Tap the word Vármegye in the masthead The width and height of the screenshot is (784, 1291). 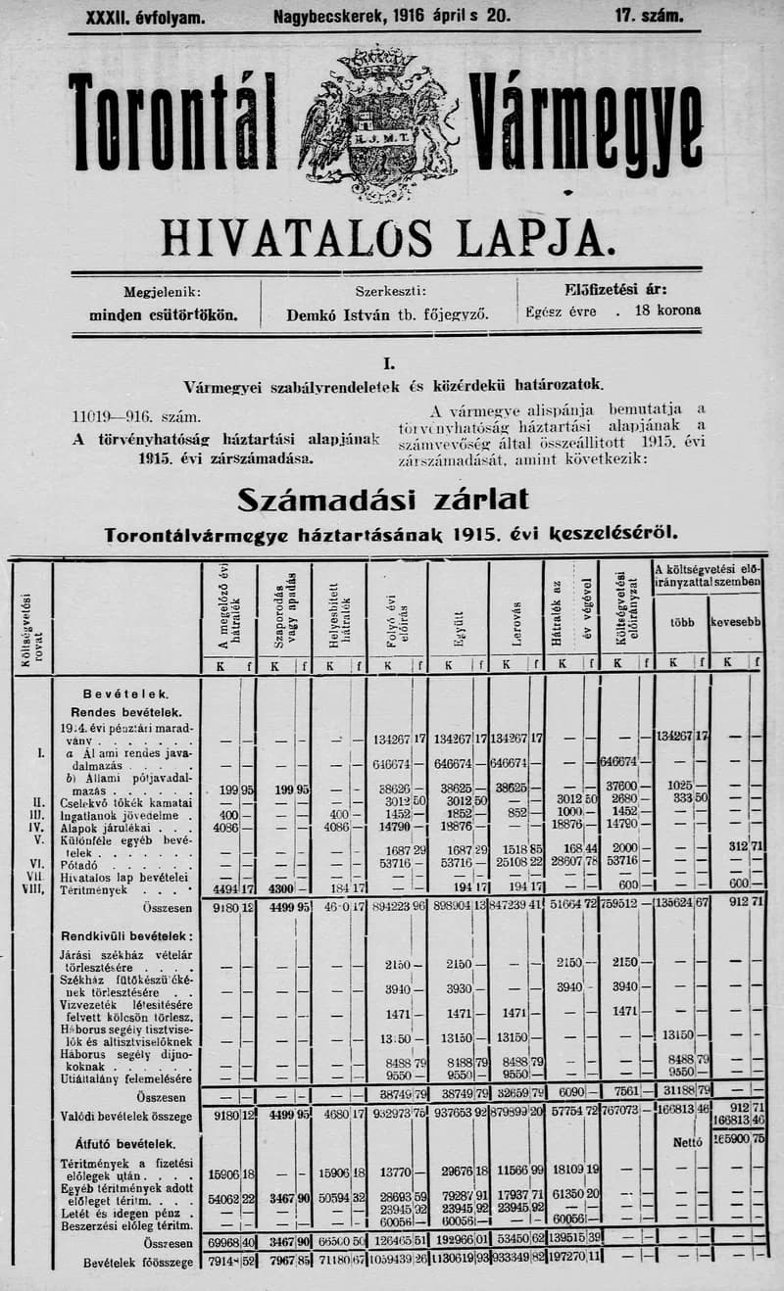(586, 125)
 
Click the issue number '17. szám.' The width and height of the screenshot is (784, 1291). (649, 17)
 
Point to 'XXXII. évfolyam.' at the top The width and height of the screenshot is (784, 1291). (146, 17)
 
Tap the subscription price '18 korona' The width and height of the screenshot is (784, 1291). (668, 311)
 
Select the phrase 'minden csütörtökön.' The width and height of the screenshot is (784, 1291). (163, 315)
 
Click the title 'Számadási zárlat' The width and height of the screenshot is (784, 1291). (383, 500)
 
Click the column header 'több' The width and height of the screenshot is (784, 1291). (682, 621)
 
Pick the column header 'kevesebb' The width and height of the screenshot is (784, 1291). (737, 621)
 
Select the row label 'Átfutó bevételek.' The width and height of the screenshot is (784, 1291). (125, 1142)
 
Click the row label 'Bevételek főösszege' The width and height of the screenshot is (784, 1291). (138, 1263)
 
